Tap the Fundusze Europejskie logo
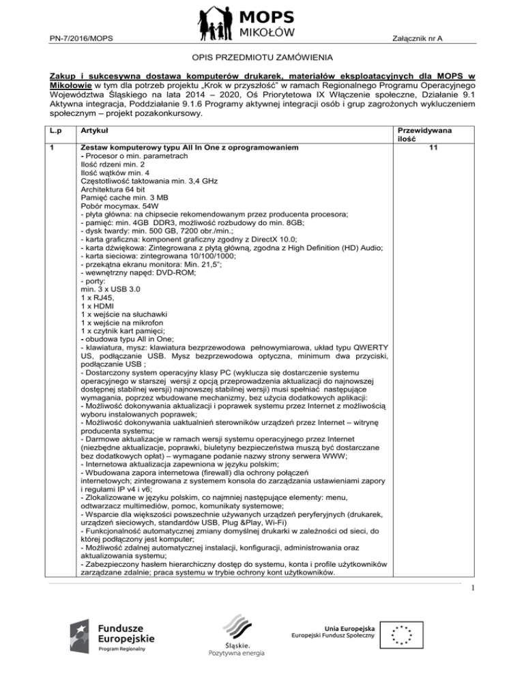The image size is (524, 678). pos(113,638)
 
